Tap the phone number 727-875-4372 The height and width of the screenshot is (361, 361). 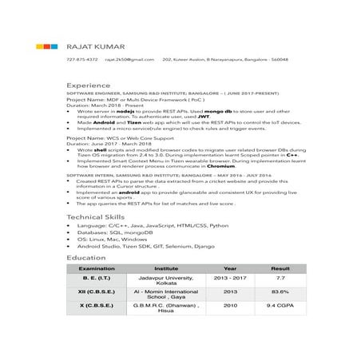pos(82,59)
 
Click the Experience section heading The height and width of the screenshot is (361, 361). pos(89,84)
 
